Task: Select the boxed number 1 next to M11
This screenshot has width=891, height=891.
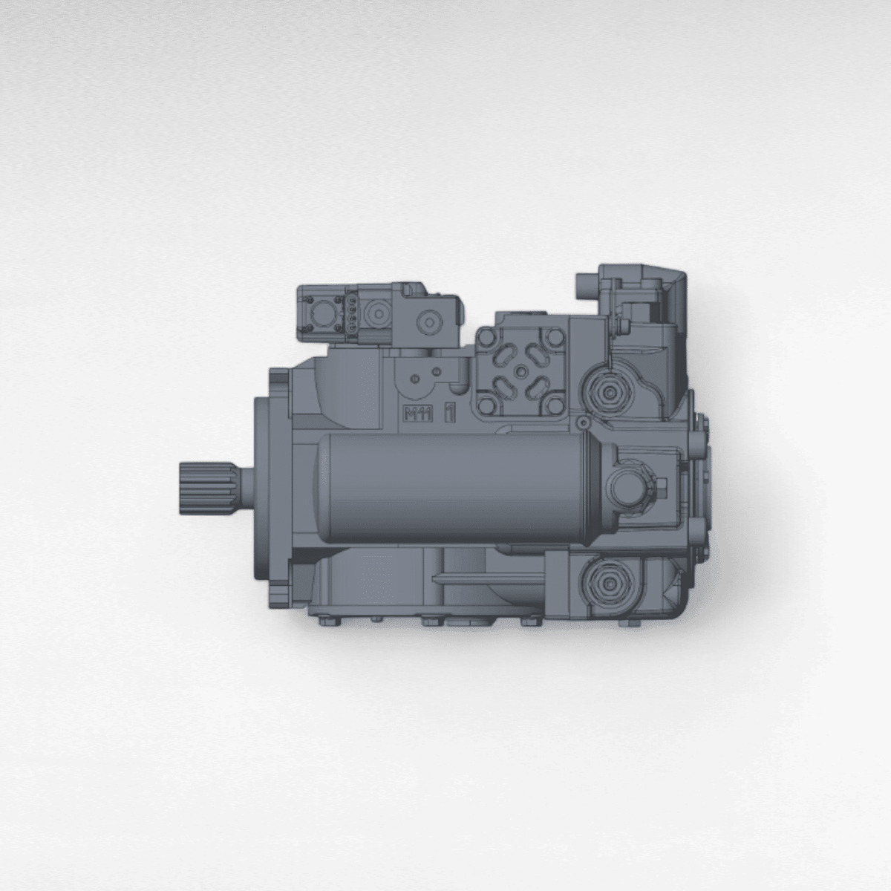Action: [x=448, y=414]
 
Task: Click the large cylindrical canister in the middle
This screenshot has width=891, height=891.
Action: [x=453, y=488]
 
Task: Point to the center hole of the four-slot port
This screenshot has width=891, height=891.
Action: [x=523, y=371]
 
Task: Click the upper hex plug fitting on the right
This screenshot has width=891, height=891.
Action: [x=610, y=391]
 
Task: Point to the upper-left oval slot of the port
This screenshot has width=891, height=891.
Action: [x=504, y=355]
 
